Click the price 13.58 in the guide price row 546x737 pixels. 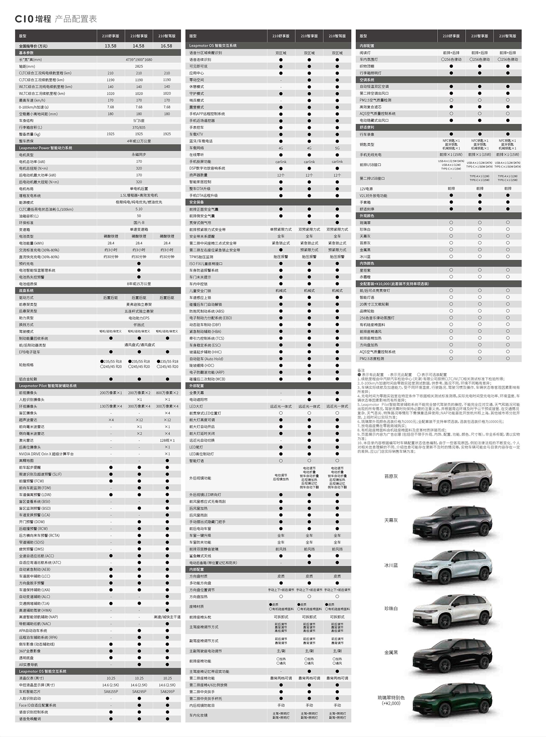coord(110,46)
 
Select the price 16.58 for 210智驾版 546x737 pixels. coord(167,46)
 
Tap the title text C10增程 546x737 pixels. coord(33,19)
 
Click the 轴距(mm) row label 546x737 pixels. coord(27,67)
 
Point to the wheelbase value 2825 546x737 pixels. coord(139,67)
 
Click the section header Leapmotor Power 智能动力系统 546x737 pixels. coord(46,148)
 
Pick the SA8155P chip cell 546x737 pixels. coord(111,692)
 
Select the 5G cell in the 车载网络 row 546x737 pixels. coord(337,148)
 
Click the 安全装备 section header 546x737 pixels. coord(197,202)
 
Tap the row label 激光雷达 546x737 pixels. coord(26,440)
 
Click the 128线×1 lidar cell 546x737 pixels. coord(167,440)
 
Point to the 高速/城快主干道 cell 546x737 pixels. coord(167,617)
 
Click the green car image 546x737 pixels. coord(452,702)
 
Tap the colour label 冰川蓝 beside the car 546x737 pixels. coord(391,565)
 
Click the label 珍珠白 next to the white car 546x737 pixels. coord(391,609)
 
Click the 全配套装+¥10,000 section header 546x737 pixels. coord(394,284)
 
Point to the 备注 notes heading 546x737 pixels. coord(361,371)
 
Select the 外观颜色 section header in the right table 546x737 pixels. coord(367,216)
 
